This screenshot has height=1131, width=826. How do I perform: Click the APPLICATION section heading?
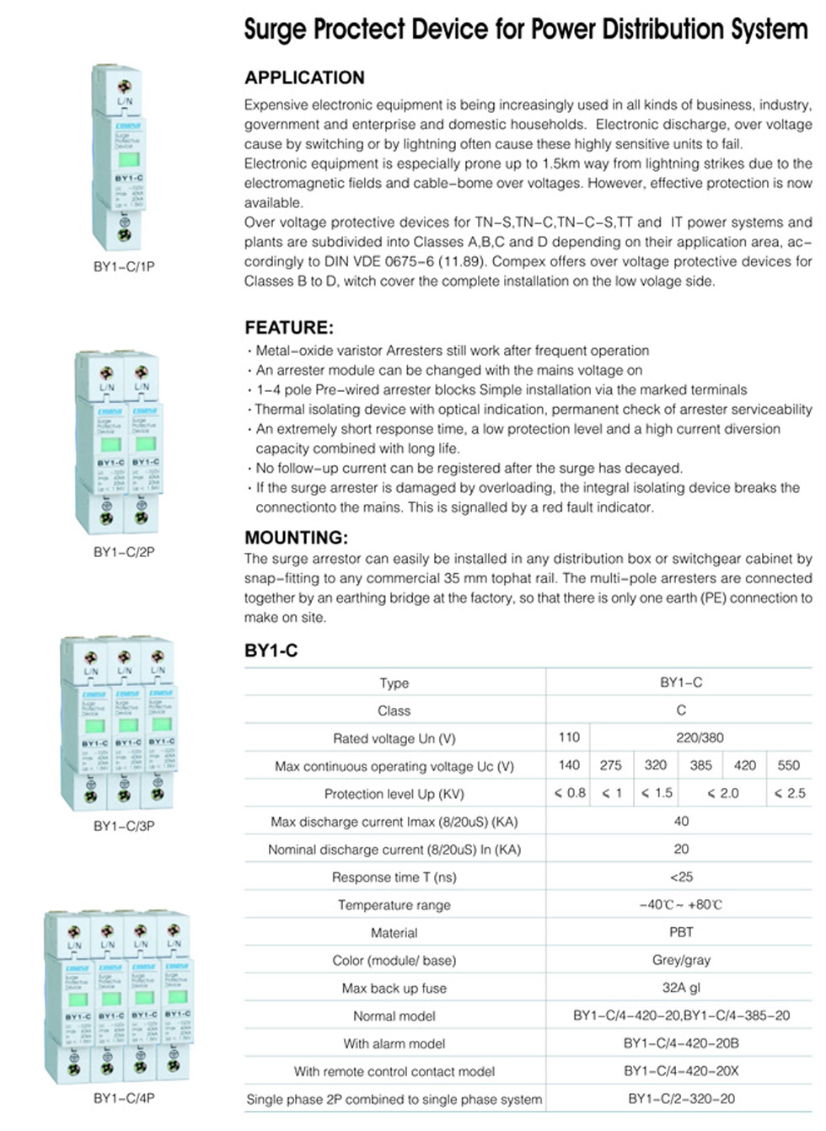304,78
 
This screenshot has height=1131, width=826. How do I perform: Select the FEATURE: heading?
289,327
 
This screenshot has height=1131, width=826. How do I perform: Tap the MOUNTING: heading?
296,537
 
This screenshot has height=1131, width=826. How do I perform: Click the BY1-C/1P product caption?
124,266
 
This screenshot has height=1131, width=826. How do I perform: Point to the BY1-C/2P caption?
124,552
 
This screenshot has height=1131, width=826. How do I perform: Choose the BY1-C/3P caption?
124,826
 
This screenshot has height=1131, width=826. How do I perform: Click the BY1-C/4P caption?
124,1098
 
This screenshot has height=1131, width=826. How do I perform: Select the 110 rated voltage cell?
569,737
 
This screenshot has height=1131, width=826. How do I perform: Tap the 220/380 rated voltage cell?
700,737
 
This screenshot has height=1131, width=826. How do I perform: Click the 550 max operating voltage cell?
788,765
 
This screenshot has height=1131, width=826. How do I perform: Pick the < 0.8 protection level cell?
570,793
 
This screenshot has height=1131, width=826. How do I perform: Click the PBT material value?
681,932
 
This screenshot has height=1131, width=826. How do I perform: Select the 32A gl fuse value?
681,988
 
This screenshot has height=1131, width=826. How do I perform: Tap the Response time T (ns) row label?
394,877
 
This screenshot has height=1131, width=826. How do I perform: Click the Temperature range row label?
394,905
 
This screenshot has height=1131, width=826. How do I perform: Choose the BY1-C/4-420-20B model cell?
681,1043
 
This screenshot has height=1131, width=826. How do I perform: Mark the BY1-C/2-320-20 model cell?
681,1099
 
